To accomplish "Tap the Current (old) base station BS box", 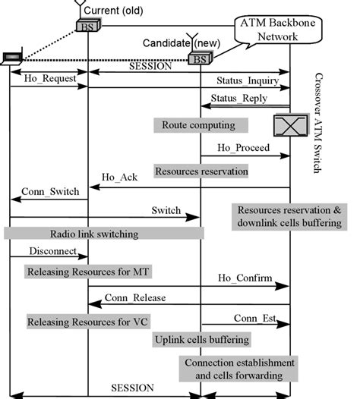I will (x=87, y=27).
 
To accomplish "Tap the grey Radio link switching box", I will (x=104, y=234).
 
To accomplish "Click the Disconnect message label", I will (x=52, y=250).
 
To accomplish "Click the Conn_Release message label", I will (x=135, y=297).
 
